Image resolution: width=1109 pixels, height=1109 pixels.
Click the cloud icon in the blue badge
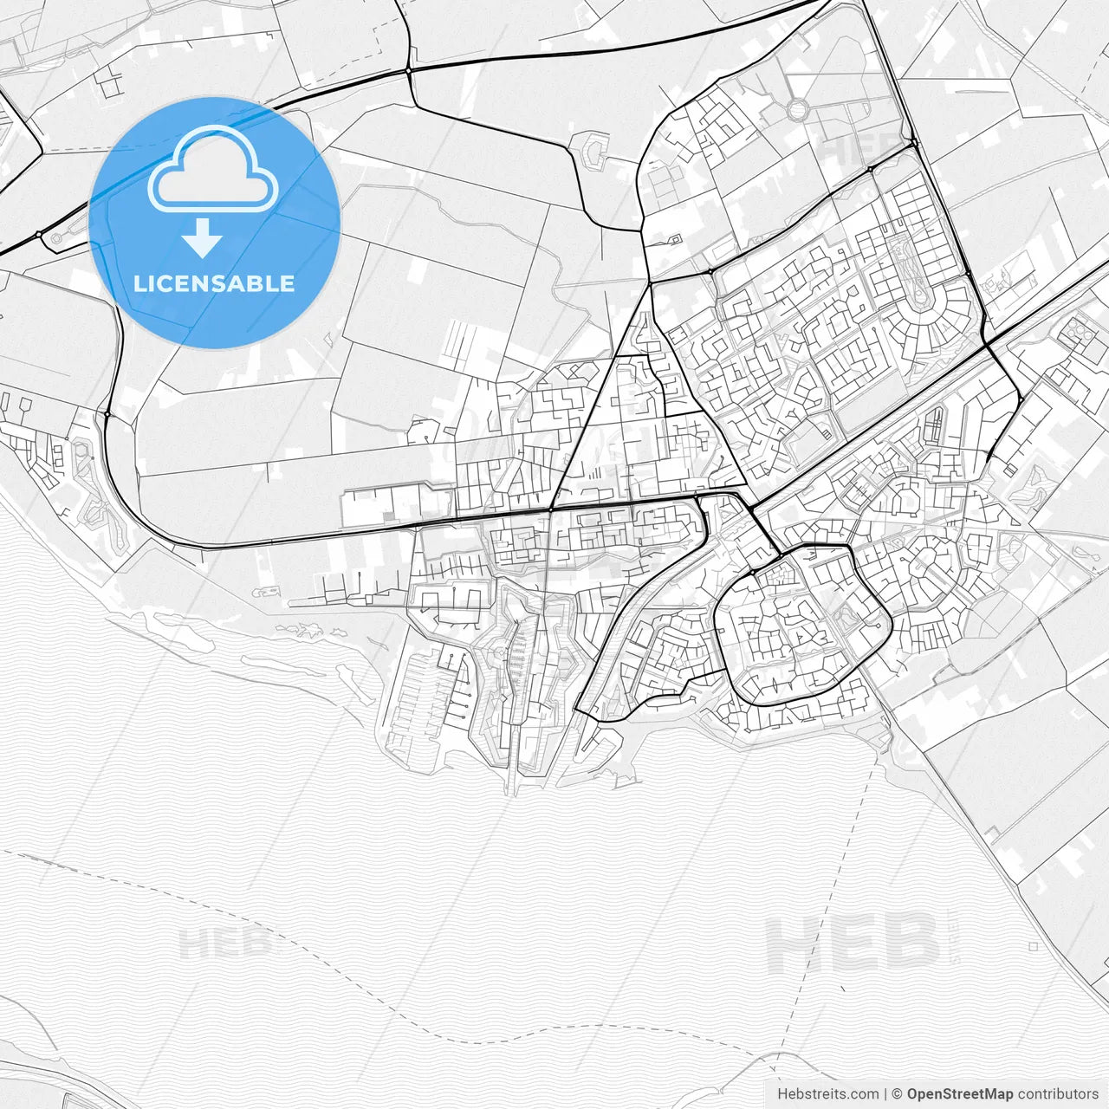coord(213,171)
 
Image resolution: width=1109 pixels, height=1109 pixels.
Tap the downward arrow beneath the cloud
coord(202,238)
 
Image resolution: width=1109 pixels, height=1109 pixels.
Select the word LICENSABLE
coord(214,283)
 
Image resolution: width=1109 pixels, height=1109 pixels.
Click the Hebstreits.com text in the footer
coord(827,1093)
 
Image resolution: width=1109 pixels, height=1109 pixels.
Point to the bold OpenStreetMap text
coord(959,1093)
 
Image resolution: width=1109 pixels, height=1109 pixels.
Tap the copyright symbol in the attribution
coord(898,1093)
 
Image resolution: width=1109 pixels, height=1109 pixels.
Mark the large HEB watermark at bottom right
coord(853,944)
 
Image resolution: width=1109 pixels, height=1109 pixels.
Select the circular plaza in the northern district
coord(797,110)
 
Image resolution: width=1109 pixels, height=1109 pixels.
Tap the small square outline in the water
coord(1034,947)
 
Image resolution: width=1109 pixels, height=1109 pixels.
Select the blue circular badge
coord(214,223)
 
